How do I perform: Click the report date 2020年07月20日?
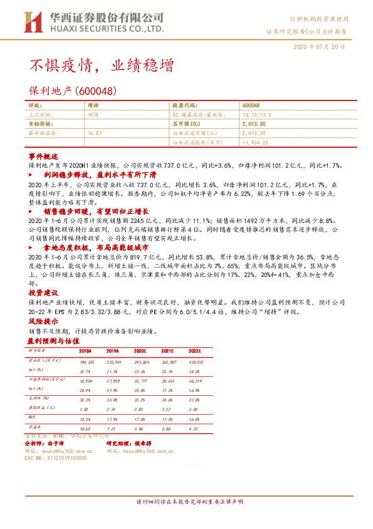319,47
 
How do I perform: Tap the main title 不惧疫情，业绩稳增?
102,65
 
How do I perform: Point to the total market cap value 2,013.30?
253,124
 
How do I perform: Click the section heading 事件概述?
43,155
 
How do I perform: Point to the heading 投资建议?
43,293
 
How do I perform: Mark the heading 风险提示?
43,321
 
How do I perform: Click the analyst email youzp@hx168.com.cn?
66,450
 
